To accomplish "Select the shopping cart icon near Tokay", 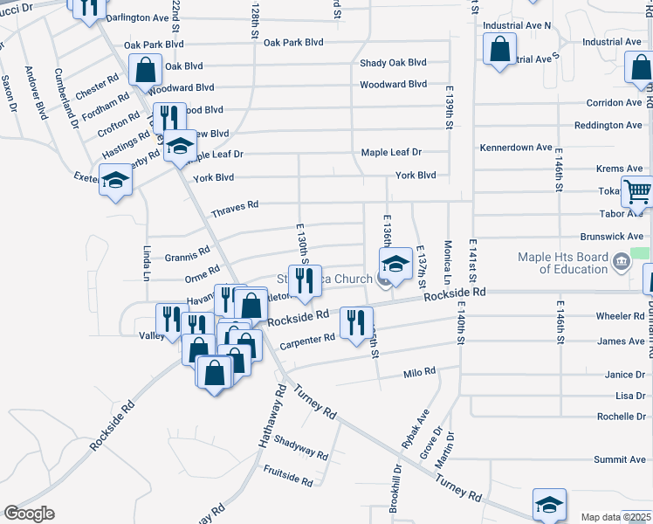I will (x=637, y=191).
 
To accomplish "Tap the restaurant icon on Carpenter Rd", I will (x=355, y=324).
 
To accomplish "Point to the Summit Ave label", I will (x=620, y=459).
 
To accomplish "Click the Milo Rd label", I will (x=419, y=373).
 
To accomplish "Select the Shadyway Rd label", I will (x=299, y=448).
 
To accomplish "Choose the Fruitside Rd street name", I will (x=288, y=475).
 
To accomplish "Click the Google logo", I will (x=29, y=514).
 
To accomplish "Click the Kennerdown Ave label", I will (x=516, y=148).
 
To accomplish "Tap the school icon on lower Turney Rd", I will (x=549, y=504).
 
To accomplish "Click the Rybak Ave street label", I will (x=409, y=434).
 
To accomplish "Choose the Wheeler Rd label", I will (x=619, y=316).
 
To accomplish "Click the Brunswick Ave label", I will (x=612, y=237).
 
